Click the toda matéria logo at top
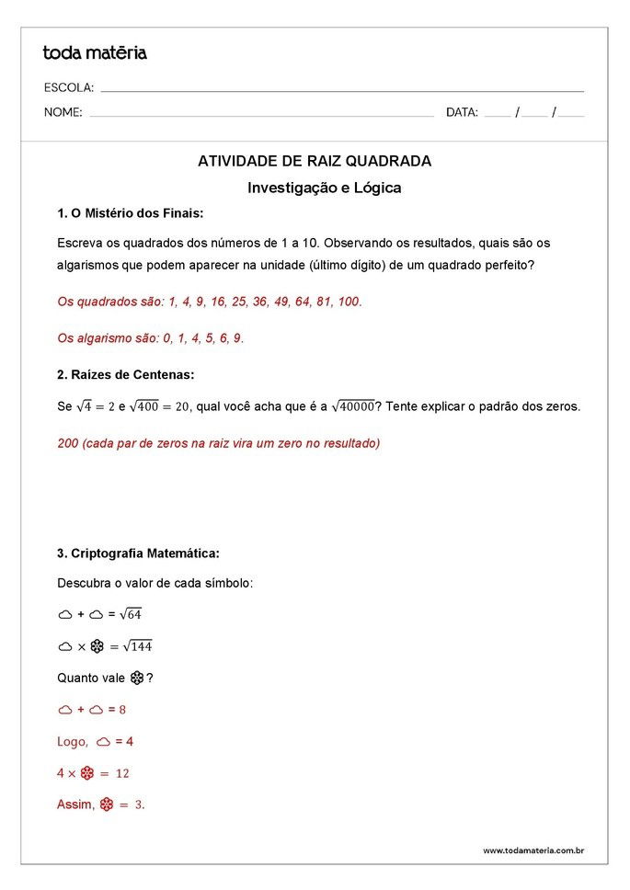coord(95,52)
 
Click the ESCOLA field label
coord(69,88)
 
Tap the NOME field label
coord(63,113)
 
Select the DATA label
coord(462,113)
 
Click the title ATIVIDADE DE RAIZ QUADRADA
coord(315,161)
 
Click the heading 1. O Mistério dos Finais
coord(130,213)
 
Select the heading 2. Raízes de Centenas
coord(125,374)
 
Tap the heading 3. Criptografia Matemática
coord(138,553)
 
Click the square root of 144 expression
coord(136,646)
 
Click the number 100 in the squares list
coord(349,302)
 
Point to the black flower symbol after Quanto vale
coord(137,679)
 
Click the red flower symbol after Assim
coord(106,804)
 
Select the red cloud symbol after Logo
coord(103,741)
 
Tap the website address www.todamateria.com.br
coord(533,850)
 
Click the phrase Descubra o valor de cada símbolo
coord(155,583)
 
